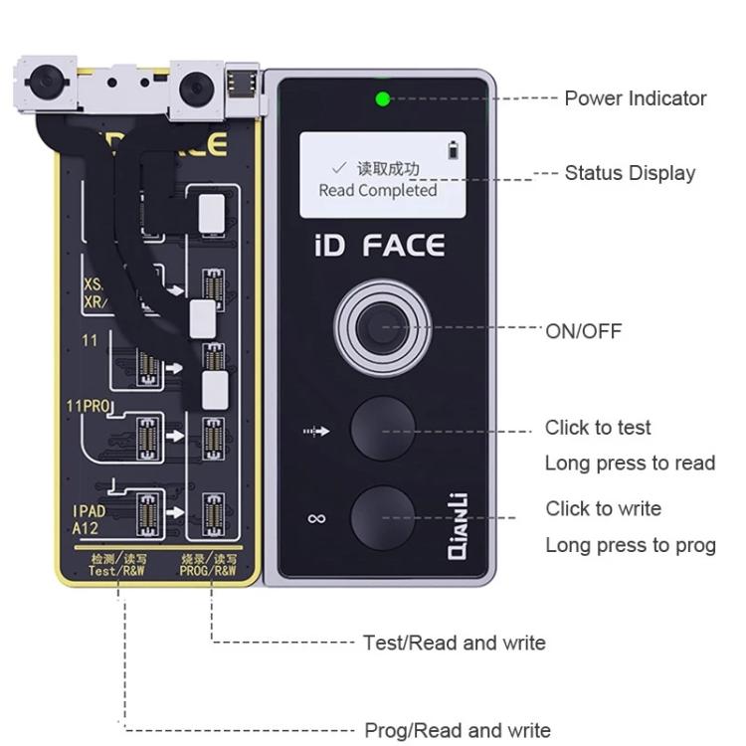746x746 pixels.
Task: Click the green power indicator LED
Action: coord(381,98)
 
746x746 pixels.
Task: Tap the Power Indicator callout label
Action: coord(635,98)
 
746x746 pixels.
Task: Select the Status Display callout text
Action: coord(629,173)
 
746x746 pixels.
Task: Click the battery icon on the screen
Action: coord(456,150)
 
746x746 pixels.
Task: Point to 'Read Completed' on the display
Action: coord(377,190)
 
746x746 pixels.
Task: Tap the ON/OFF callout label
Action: coord(583,331)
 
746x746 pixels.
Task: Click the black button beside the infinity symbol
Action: coord(382,517)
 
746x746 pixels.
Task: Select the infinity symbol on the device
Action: coord(317,518)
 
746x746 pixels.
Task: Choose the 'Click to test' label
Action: coord(598,428)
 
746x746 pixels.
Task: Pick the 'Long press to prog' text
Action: coord(630,545)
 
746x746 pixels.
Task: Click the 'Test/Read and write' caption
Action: coord(454,643)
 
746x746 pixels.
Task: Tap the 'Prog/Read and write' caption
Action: coord(457,730)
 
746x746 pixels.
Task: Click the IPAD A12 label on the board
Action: coord(89,518)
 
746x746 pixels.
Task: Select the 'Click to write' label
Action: coord(603,508)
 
